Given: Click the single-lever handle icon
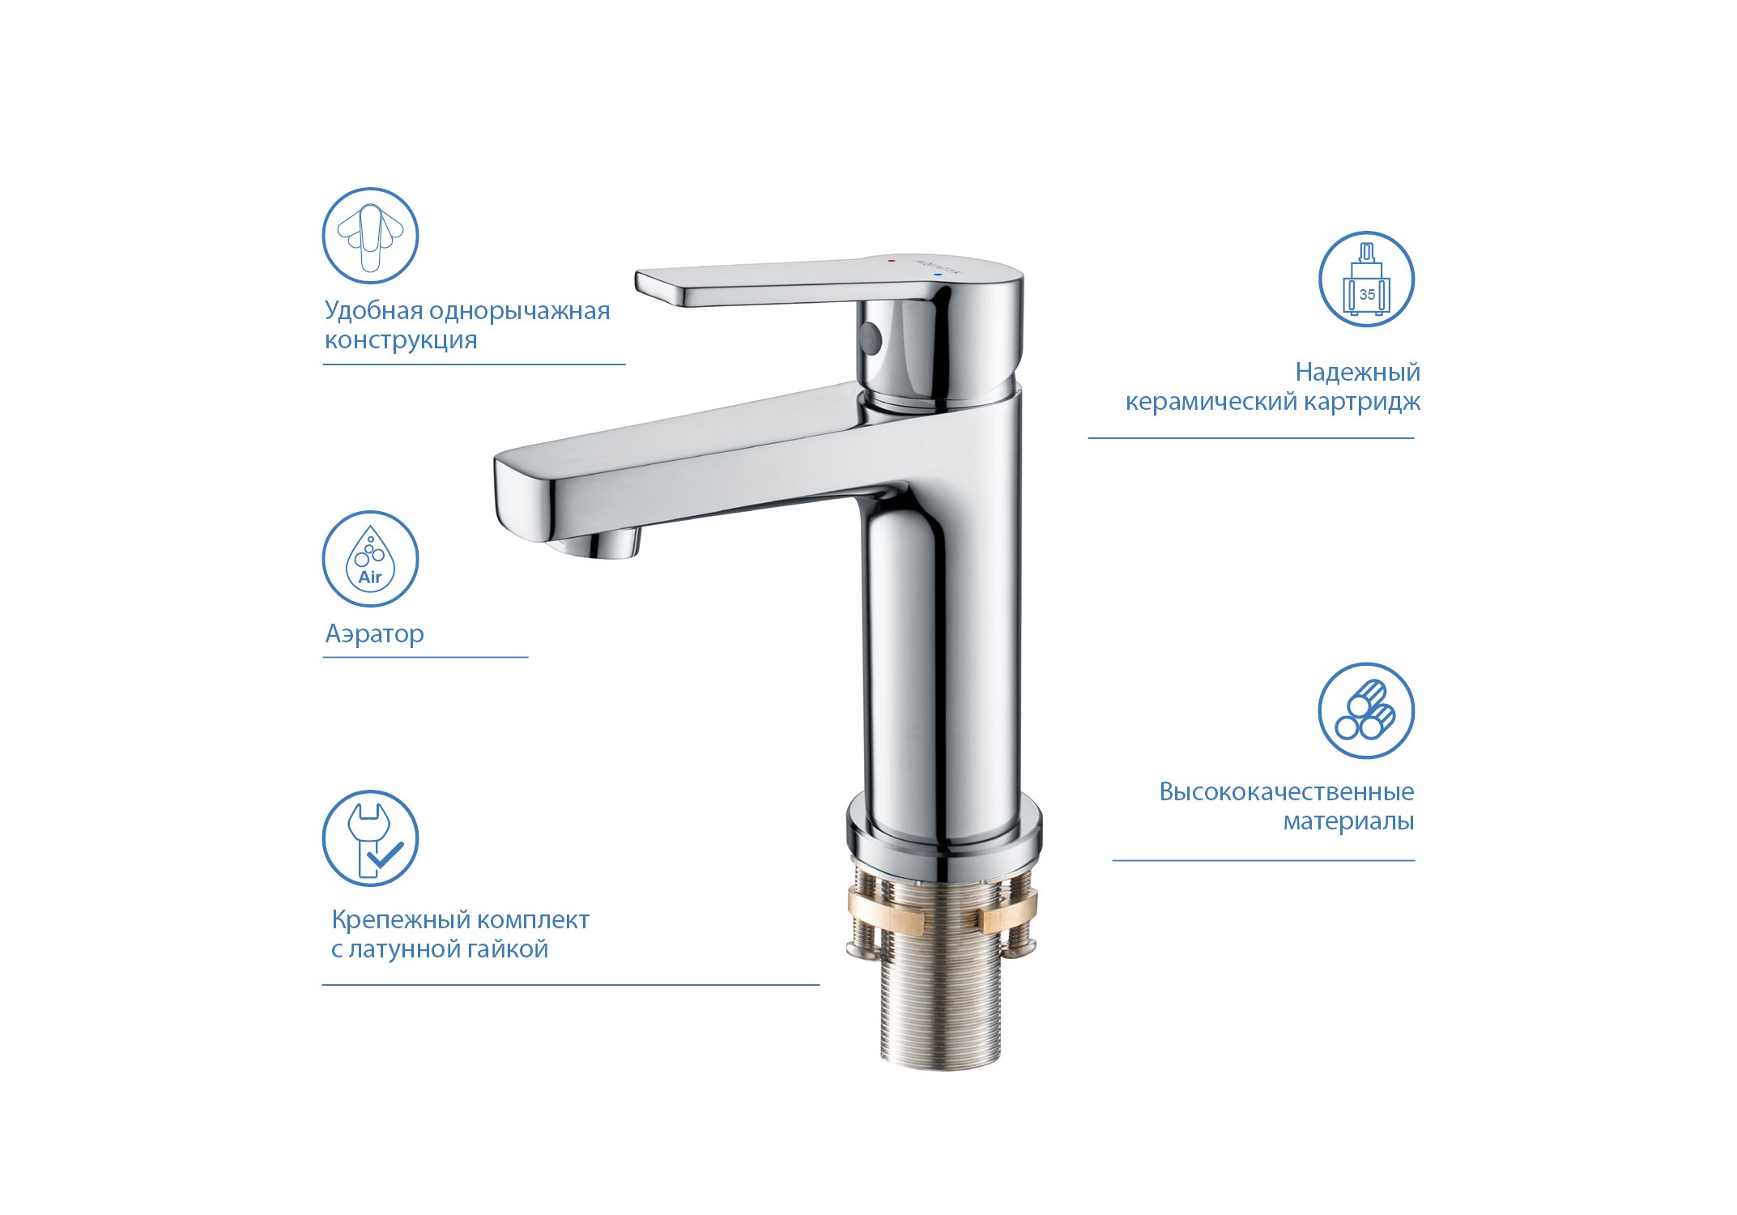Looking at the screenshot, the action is tap(370, 236).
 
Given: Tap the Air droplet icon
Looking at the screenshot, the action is tap(370, 559).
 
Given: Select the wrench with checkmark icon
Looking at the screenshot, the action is tap(370, 838).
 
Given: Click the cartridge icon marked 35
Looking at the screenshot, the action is tap(1366, 279).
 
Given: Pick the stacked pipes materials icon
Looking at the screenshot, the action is tap(1366, 710).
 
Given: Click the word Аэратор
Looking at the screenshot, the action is tap(374, 633).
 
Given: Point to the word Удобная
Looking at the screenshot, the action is tap(373, 310).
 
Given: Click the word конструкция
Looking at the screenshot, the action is tap(401, 340).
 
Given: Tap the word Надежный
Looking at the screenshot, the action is tap(1358, 372).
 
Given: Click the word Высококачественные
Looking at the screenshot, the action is tap(1287, 791).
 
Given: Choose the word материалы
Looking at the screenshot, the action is tap(1348, 821).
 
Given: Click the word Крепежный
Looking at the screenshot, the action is tap(390, 920).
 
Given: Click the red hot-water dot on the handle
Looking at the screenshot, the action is tap(892, 262).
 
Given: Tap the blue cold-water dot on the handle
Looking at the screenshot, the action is tap(939, 275).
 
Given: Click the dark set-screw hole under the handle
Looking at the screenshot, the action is tap(871, 335).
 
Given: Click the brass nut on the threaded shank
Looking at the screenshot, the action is tap(943, 911).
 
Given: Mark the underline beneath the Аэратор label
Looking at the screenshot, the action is tap(425, 657).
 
